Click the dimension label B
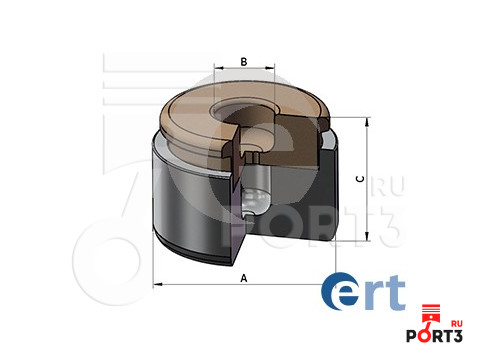243,61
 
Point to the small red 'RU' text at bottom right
458,323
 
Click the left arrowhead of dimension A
157,286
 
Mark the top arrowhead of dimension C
371,119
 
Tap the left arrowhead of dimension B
217,72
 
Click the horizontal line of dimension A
200,286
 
